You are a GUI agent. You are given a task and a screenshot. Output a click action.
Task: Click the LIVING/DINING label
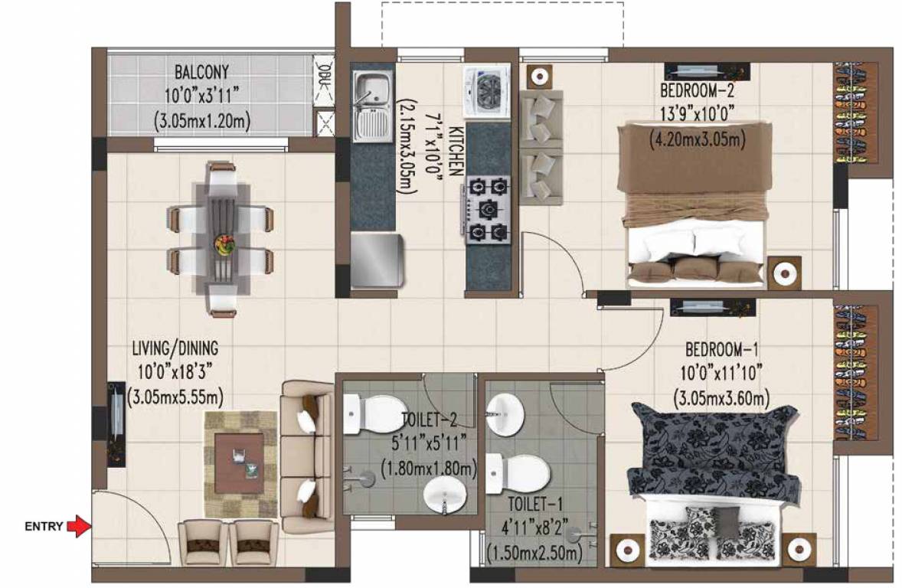pos(175,348)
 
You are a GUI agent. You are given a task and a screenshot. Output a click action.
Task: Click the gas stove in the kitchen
pos(487,208)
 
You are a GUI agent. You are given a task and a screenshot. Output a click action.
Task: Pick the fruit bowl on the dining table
pos(224,245)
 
